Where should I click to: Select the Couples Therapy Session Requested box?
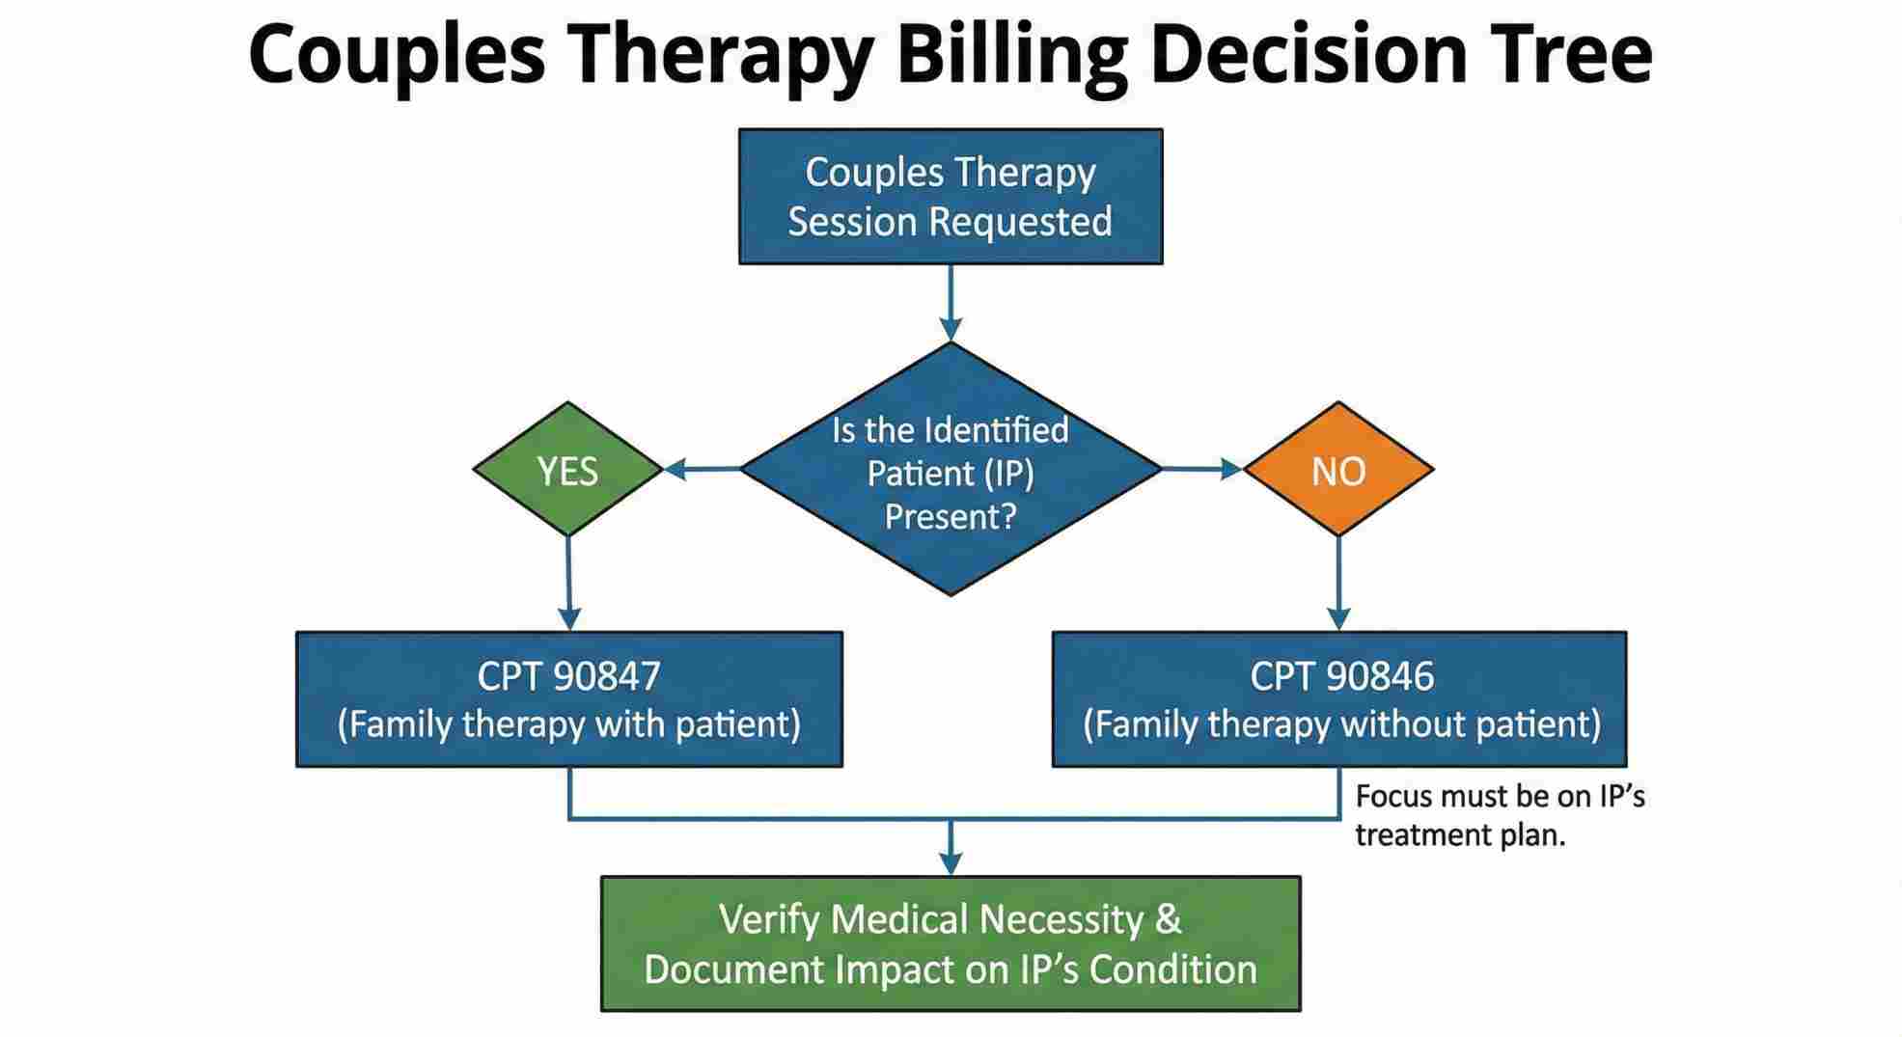[x=951, y=197]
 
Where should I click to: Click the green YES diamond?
[x=567, y=470]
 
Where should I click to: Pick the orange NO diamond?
[x=1338, y=470]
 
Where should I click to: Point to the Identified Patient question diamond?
[x=951, y=471]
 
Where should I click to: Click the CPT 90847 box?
[x=569, y=699]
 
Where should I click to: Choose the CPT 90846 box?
[x=1339, y=699]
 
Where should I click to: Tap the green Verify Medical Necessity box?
[x=951, y=943]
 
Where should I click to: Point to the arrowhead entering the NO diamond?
[x=1231, y=470]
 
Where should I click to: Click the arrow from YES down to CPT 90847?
[x=569, y=584]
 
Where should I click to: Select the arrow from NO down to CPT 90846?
[x=1338, y=584]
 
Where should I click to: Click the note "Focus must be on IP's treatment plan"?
[x=1499, y=815]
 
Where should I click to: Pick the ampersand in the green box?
[x=1168, y=918]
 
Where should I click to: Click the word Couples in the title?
[x=396, y=56]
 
